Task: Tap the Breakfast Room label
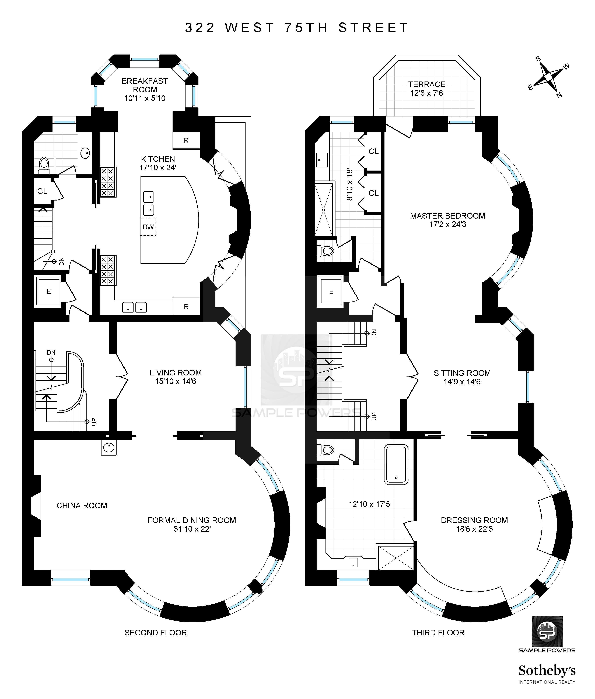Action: tap(145, 85)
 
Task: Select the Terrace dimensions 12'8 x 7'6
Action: tap(426, 93)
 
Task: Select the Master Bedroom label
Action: tap(447, 216)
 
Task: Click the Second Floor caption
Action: tap(156, 633)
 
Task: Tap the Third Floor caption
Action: tap(438, 633)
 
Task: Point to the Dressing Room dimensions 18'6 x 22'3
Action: tap(474, 529)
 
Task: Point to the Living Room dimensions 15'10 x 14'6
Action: tap(176, 381)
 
